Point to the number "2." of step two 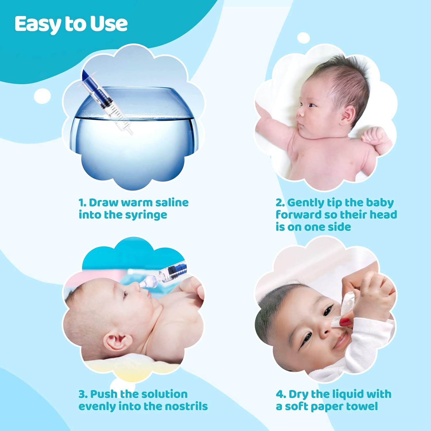(x=280, y=203)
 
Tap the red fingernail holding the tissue (x=346, y=322)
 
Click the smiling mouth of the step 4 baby (x=342, y=340)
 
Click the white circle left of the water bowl (x=43, y=96)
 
